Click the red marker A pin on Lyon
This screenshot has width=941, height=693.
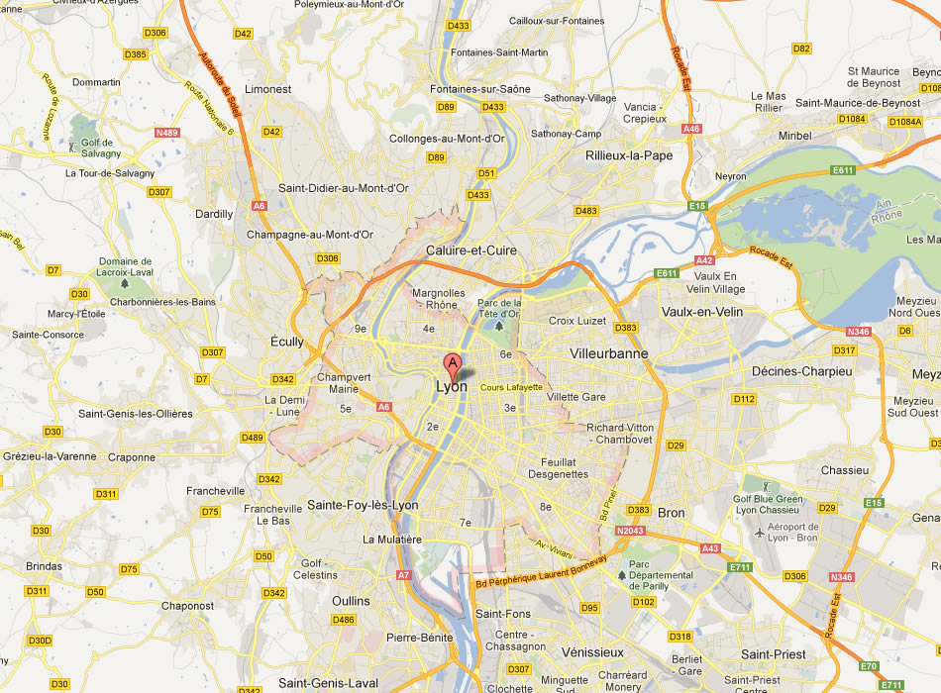point(453,363)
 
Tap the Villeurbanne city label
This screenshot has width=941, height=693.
point(609,353)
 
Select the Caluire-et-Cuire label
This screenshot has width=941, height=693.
point(470,250)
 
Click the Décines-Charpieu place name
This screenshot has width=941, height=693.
point(801,370)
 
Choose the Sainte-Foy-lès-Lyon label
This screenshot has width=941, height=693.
point(363,505)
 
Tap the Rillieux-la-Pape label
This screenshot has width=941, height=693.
point(629,155)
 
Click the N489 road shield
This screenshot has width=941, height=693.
point(166,133)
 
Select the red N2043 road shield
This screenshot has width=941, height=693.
point(630,532)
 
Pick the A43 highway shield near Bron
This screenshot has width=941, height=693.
point(710,547)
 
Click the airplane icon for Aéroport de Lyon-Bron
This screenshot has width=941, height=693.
point(760,533)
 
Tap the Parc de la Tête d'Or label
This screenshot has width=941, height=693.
point(498,309)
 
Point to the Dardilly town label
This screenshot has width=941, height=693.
point(215,214)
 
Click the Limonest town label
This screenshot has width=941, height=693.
point(268,89)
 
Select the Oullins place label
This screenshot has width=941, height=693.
point(351,601)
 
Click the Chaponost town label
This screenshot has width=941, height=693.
point(187,605)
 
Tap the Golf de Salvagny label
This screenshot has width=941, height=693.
point(100,148)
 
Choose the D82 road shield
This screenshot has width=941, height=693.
point(801,48)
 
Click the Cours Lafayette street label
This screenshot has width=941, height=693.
point(512,387)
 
